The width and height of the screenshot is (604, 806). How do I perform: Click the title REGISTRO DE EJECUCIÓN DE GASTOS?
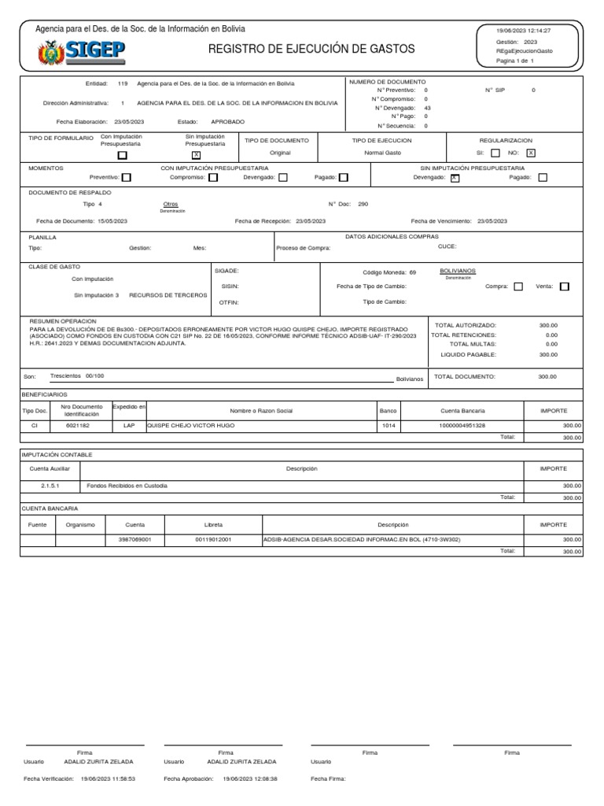click(x=311, y=50)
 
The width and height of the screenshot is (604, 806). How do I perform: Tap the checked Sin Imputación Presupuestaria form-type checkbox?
click(x=196, y=155)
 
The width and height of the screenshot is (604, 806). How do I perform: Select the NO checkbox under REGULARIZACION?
click(x=531, y=153)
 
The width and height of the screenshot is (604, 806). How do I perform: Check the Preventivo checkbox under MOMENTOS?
click(x=126, y=178)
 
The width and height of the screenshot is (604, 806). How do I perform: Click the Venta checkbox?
click(x=565, y=287)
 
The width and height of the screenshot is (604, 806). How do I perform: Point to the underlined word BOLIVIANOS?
click(x=458, y=271)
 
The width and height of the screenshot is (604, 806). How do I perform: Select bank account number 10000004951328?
click(x=462, y=425)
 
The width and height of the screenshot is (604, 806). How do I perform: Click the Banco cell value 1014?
click(x=388, y=425)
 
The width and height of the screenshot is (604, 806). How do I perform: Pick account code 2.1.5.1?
click(x=39, y=486)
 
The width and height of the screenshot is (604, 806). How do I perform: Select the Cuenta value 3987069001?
click(x=134, y=540)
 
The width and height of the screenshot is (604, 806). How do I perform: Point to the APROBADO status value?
click(x=228, y=122)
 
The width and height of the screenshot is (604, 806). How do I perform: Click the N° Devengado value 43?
click(x=427, y=108)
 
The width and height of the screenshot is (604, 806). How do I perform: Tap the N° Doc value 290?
click(x=363, y=204)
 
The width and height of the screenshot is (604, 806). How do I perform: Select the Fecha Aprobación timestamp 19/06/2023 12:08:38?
click(x=250, y=778)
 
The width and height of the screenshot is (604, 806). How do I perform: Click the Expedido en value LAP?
click(x=129, y=425)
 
